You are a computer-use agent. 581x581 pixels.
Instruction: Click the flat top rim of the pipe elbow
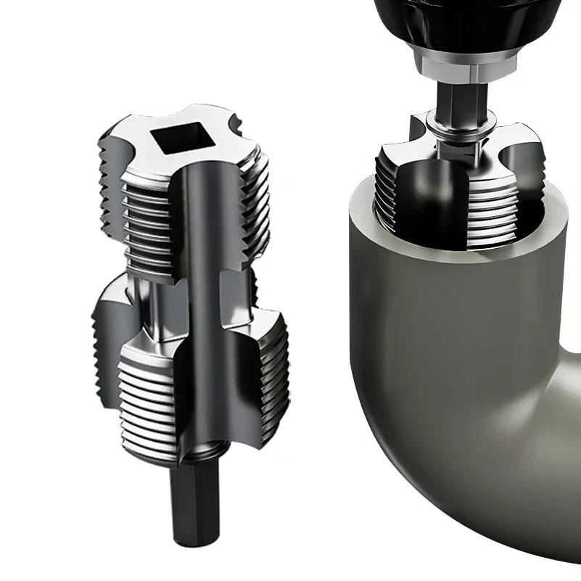[363, 210]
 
